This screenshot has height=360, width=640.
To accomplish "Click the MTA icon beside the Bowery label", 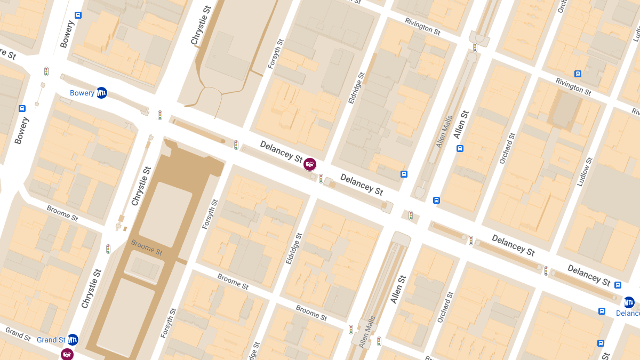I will point(101,92).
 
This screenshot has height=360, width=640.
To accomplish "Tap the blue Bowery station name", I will point(82,93).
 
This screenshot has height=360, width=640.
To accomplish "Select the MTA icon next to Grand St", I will point(73,339).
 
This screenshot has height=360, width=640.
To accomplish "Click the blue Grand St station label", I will point(51,340).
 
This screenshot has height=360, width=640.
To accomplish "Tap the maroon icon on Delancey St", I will point(309,164).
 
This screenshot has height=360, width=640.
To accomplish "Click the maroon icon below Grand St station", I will point(67,354).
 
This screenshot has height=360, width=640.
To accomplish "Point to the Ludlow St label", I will point(585,172).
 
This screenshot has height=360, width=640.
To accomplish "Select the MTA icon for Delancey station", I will point(629,302).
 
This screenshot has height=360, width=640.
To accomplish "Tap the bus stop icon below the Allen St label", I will point(460,148).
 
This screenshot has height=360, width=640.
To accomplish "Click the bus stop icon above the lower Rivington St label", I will point(578,74).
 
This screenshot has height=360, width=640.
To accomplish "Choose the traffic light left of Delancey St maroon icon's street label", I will point(236,145).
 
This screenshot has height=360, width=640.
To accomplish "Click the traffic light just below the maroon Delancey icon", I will point(321,178).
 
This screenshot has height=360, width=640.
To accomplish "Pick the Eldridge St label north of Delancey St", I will point(356,87).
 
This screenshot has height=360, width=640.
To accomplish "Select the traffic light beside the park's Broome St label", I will point(108,249).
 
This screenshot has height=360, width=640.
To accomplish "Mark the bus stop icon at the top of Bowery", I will point(78,15).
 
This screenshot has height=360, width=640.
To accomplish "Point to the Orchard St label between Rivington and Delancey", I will point(508,148).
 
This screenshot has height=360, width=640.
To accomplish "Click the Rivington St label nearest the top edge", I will point(422,26).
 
